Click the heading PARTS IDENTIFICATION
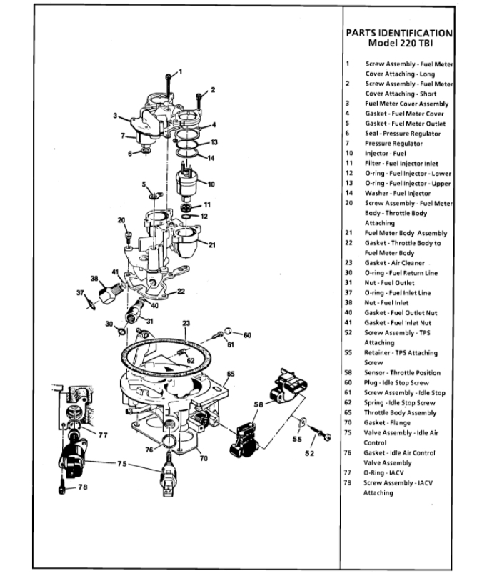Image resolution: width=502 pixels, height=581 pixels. pos(398,32)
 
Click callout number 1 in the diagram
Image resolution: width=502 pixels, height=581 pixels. pos(181,71)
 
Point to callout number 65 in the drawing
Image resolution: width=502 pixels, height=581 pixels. pos(231,374)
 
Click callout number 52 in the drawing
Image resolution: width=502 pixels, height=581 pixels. pos(309,452)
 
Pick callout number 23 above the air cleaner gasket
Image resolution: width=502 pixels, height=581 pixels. pos(186,323)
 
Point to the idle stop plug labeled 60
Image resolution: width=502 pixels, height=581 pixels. pos(227,332)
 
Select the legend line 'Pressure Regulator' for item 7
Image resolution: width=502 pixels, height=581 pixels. pos(394,143)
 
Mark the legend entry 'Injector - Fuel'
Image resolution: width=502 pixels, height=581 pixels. pos(385,153)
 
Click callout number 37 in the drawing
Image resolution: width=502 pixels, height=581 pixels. pos(81,292)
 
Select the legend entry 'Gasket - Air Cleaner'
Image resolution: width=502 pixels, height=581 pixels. pos(394,262)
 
